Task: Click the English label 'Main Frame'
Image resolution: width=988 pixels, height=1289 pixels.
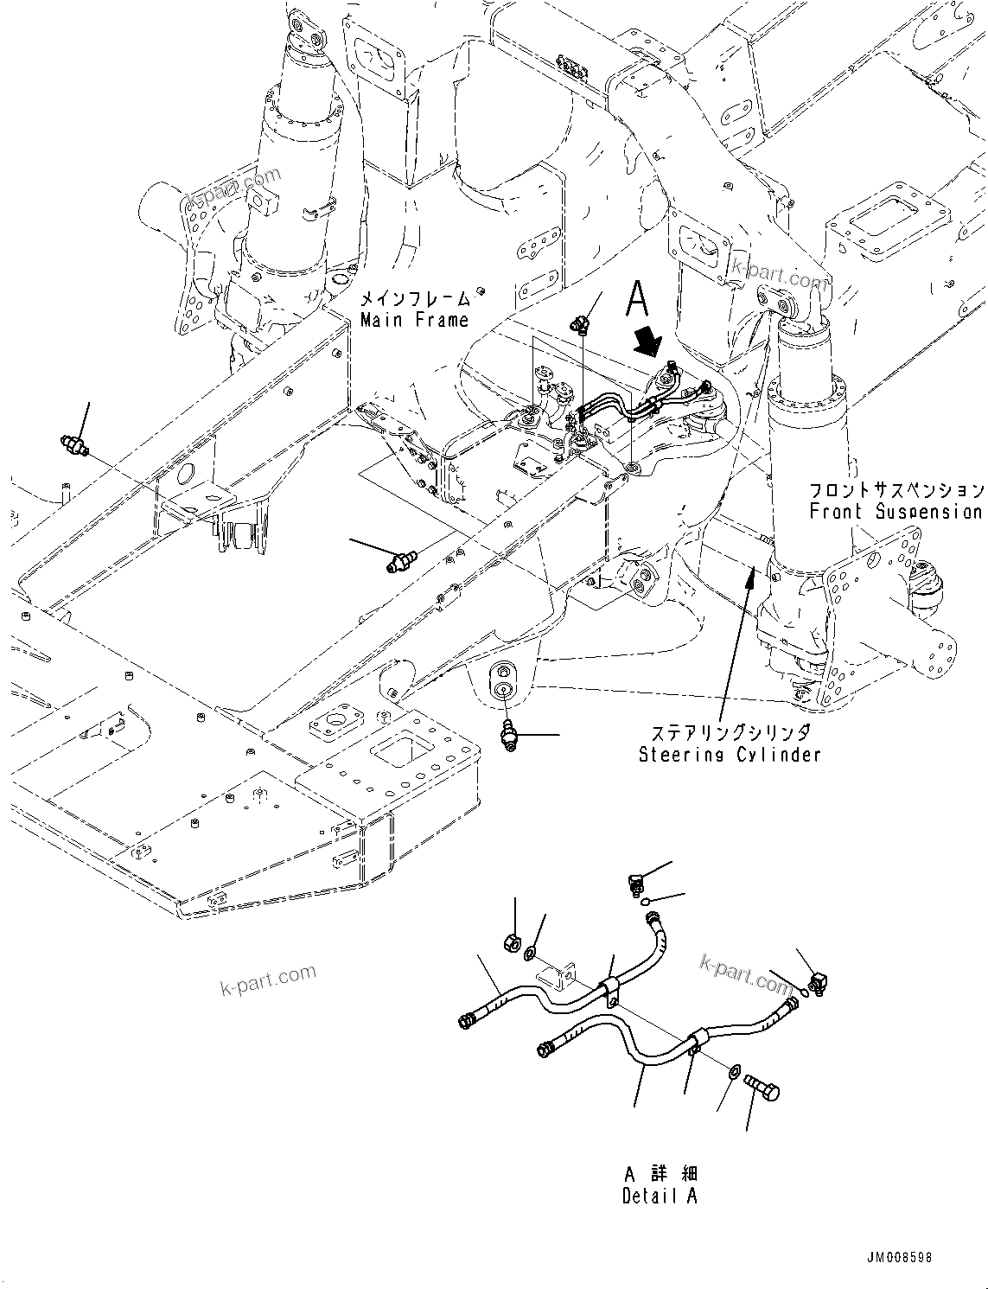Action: click(x=414, y=320)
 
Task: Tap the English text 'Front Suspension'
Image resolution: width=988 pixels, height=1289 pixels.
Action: click(x=896, y=511)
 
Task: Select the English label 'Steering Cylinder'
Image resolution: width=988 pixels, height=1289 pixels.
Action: click(x=730, y=755)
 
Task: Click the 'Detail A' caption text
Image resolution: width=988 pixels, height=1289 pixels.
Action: click(x=659, y=1196)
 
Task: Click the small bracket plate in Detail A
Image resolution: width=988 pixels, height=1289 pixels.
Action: click(x=553, y=980)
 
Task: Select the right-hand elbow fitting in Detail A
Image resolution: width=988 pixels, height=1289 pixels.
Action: click(x=818, y=981)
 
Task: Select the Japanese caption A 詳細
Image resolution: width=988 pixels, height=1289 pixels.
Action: click(x=660, y=1174)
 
